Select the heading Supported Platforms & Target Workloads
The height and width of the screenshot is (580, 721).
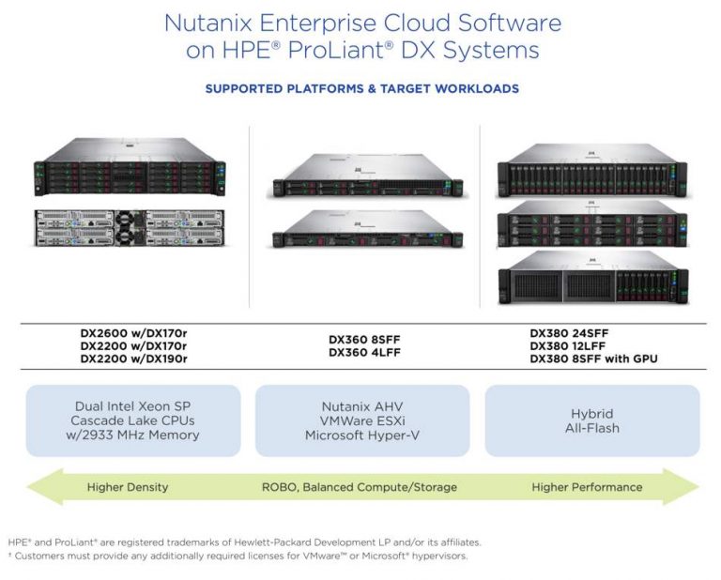(x=361, y=88)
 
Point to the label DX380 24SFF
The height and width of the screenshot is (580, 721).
(x=572, y=333)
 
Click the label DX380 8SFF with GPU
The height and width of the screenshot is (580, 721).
(x=593, y=359)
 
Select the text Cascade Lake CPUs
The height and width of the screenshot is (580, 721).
(x=132, y=420)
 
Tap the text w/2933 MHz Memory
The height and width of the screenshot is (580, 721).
(x=132, y=435)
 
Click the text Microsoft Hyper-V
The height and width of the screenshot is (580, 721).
(x=361, y=435)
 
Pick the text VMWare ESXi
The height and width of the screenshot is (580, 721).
(x=361, y=420)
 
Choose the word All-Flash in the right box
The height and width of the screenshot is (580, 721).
(x=592, y=428)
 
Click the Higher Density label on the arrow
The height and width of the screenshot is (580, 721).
(x=128, y=487)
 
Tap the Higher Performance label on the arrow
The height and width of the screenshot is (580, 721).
(x=587, y=487)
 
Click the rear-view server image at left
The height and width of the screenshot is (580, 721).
(x=130, y=226)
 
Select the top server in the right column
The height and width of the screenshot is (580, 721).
(x=591, y=169)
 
